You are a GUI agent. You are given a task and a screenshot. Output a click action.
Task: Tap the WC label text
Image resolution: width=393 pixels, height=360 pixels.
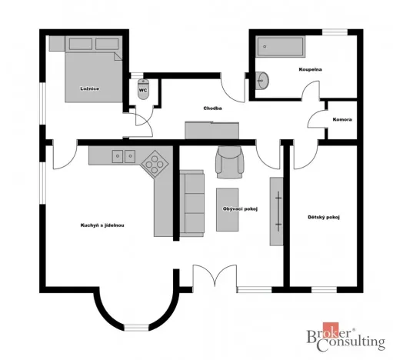tap(142, 90)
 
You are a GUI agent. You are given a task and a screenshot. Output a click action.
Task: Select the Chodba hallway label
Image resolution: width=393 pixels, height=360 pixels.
tap(213, 108)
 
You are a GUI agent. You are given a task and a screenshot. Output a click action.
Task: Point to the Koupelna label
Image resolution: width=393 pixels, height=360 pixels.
tap(310, 69)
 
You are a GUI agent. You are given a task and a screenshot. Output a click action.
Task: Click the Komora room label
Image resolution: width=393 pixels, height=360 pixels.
tap(342, 119)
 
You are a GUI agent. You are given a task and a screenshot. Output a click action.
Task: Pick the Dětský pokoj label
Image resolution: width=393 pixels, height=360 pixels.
tap(323, 217)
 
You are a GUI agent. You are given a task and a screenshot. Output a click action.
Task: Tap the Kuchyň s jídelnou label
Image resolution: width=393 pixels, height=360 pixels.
tap(102, 225)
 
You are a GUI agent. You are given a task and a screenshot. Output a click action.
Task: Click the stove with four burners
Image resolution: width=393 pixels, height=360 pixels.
tap(157, 162)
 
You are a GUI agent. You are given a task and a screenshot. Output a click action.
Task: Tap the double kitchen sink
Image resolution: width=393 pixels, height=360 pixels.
tap(124, 156)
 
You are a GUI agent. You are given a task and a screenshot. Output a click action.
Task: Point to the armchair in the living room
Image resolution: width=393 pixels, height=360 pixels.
tap(229, 161)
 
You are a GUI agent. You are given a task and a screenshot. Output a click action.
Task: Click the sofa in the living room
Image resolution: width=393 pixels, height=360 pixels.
tap(193, 202)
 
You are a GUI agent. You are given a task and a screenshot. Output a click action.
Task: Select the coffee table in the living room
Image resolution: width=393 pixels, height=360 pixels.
tap(228, 209)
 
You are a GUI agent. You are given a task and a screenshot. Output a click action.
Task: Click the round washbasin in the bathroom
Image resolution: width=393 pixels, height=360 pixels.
tap(263, 79)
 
